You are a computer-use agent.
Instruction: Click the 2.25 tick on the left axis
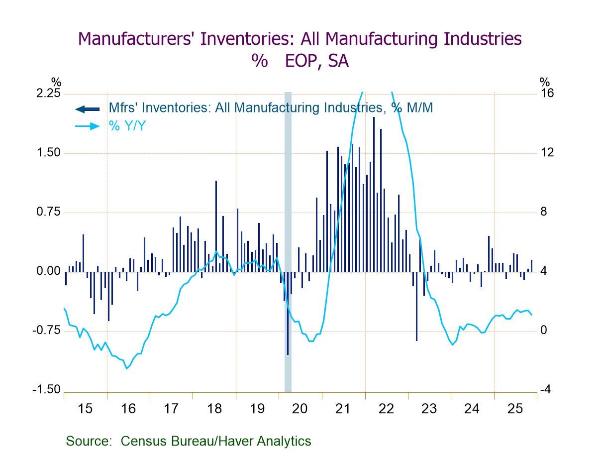coord(49,94)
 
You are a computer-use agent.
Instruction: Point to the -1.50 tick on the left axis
coord(47,390)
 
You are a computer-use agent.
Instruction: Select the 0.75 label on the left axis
coord(49,212)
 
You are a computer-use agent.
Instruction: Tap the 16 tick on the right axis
coord(547,94)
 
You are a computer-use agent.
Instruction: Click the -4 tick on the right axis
coord(545,390)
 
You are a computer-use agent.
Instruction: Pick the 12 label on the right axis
coord(547,153)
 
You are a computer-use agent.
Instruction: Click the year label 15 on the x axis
coord(85,409)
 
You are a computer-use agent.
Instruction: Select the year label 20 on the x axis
coord(300,409)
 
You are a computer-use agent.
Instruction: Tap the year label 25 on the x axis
coord(515,409)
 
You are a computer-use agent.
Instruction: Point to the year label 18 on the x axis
coord(214,409)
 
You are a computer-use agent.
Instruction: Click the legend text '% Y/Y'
coord(127,126)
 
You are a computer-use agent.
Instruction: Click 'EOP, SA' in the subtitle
coord(317,61)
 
